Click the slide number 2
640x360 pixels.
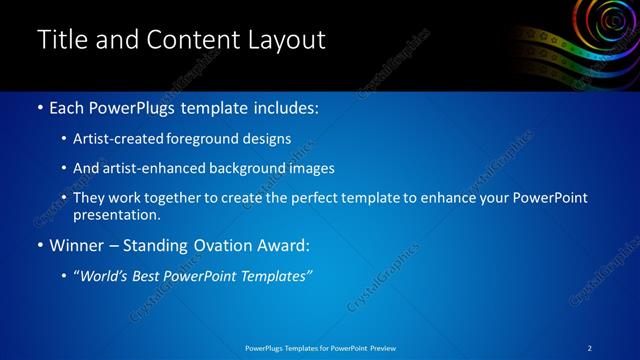590,348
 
